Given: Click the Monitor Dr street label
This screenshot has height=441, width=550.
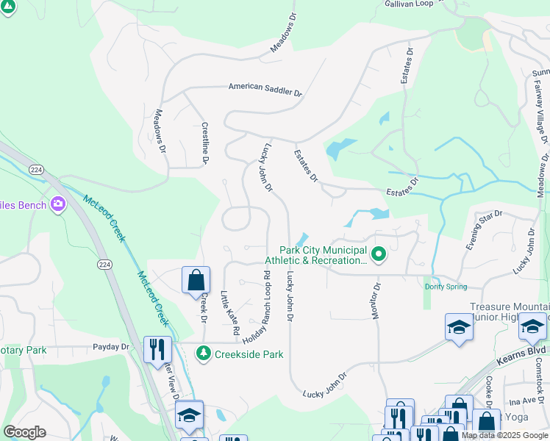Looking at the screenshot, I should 376,301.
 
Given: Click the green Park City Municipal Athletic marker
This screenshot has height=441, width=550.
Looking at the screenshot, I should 379,255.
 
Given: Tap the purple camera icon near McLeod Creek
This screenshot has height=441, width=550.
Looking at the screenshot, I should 58,205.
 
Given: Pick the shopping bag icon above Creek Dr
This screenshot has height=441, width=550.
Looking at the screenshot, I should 196,280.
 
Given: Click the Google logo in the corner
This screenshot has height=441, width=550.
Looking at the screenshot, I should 24,432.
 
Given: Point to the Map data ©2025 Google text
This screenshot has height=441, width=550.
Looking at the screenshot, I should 504,435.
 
